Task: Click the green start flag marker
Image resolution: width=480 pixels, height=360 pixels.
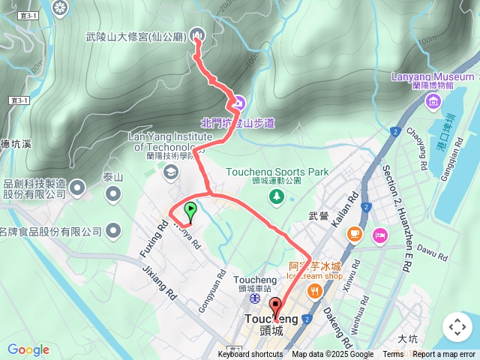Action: tap(190, 211)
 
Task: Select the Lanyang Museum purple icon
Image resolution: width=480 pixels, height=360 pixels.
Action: tap(433, 101)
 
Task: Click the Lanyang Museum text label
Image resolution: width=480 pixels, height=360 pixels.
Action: tap(433, 76)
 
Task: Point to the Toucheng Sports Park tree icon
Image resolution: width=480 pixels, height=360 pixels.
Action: tap(277, 196)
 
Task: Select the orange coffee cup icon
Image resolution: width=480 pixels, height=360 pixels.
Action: tap(353, 235)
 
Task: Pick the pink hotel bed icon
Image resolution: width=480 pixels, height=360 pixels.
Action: tap(379, 235)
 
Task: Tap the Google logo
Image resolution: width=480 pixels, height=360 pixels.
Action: tap(28, 349)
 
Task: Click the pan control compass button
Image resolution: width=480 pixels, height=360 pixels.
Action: tap(457, 327)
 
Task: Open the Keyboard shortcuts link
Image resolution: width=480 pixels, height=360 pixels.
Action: tap(250, 355)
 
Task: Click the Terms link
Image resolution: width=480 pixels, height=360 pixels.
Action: tap(393, 355)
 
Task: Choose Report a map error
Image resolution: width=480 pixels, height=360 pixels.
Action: tap(445, 355)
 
